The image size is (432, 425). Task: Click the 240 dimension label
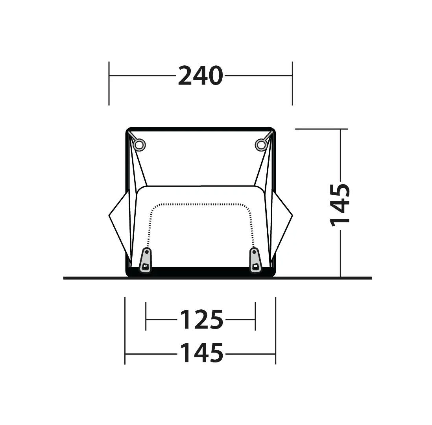[x=200, y=76]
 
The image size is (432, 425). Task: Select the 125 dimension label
[x=201, y=320]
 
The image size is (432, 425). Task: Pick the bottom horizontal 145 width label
[x=201, y=353]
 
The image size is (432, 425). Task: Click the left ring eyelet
[x=139, y=144]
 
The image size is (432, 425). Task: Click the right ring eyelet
[x=261, y=144]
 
